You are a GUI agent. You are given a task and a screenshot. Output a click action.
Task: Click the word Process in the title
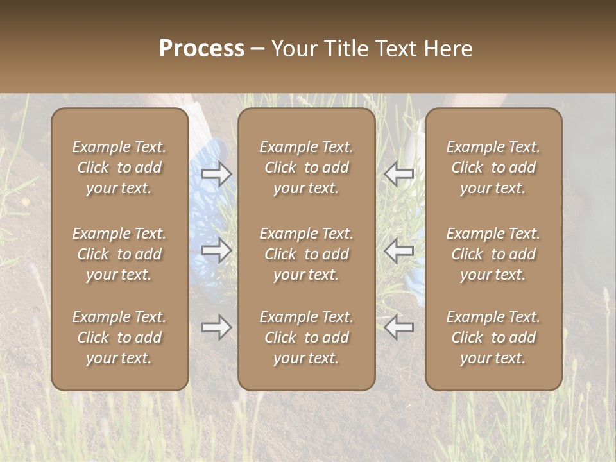point(201,48)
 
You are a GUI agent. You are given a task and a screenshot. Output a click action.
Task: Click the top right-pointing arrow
point(217,174)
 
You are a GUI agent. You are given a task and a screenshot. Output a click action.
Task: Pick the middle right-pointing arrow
point(217,251)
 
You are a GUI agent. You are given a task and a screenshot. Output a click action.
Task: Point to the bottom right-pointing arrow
point(217,327)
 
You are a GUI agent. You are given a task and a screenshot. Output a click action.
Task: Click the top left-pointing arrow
point(399,174)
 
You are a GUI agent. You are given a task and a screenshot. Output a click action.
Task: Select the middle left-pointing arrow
point(399,251)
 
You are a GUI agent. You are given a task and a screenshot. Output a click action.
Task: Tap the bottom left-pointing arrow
point(399,327)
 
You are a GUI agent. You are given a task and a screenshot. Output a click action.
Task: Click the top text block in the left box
point(119,167)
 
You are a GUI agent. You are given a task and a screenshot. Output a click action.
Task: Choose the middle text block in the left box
point(119,254)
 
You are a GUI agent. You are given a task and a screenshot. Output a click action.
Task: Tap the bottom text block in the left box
point(119,338)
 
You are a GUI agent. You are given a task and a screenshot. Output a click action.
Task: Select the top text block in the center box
point(307,167)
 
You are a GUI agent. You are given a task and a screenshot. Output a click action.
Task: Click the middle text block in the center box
point(307,254)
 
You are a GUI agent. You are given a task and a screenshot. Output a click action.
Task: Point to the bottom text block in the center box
point(307,338)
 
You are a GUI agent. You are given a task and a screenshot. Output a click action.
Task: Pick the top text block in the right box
point(493,167)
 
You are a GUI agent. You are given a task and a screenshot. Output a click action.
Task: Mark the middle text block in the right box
point(493,254)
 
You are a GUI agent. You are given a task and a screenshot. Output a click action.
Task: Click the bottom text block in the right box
point(493,338)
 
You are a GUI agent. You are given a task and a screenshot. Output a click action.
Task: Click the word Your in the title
point(294,48)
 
